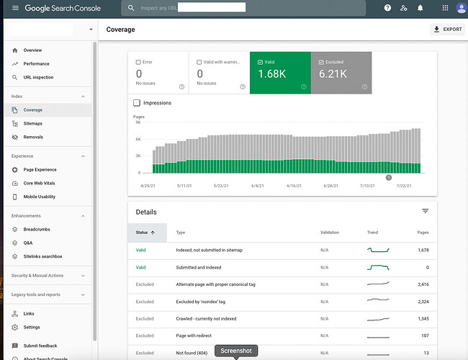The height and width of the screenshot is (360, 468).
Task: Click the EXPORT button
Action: coord(447,30)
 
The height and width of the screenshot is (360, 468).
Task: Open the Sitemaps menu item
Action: coord(32,124)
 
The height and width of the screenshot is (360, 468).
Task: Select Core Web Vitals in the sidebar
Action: coord(39,184)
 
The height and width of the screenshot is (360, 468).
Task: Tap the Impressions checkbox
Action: coord(137,103)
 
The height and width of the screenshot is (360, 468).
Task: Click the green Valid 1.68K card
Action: coord(280,73)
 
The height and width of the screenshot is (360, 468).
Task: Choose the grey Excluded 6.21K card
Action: coord(341,73)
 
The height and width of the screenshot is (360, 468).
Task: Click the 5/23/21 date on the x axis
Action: coord(221,186)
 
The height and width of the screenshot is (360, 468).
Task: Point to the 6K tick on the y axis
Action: coord(138,139)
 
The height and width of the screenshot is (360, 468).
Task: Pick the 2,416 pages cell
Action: coord(423,284)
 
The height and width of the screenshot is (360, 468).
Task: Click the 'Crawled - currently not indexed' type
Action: coord(206,319)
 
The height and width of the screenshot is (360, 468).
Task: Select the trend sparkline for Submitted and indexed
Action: coord(378,267)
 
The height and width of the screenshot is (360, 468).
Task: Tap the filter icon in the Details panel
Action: coord(426,211)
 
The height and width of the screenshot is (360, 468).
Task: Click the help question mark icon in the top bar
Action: coord(387,8)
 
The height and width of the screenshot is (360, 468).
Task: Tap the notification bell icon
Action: coord(420,8)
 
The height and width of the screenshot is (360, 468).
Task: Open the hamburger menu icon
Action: coord(15,8)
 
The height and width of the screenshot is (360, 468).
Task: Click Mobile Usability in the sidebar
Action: coord(40,197)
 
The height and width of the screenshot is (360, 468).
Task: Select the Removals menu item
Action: coord(33,137)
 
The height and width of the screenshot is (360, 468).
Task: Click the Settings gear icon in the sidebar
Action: coord(14,328)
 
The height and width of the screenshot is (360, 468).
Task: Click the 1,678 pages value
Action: coord(423,250)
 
